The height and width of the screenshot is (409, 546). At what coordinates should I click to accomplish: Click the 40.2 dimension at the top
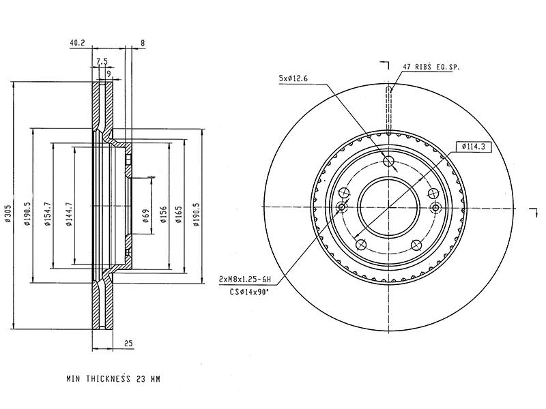pyautogui.click(x=76, y=43)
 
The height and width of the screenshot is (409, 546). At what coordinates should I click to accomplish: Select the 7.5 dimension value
pyautogui.click(x=101, y=61)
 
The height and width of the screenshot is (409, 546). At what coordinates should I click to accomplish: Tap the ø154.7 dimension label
pyautogui.click(x=47, y=213)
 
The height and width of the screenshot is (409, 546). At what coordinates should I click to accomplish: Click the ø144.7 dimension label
pyautogui.click(x=69, y=212)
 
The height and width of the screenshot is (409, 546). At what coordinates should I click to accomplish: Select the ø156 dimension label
pyautogui.click(x=162, y=214)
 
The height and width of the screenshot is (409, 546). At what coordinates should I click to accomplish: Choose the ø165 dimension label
pyautogui.click(x=179, y=213)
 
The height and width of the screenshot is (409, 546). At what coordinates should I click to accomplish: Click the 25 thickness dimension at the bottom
pyautogui.click(x=128, y=343)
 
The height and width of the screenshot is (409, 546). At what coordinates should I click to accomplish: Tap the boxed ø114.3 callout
pyautogui.click(x=472, y=146)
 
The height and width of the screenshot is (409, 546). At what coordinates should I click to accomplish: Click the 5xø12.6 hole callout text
pyautogui.click(x=294, y=79)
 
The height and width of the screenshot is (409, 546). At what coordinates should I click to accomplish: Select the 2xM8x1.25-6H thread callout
pyautogui.click(x=245, y=279)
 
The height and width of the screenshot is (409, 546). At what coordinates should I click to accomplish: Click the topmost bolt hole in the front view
pyautogui.click(x=389, y=162)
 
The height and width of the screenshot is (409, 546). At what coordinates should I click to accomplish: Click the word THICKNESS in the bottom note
pyautogui.click(x=109, y=377)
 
